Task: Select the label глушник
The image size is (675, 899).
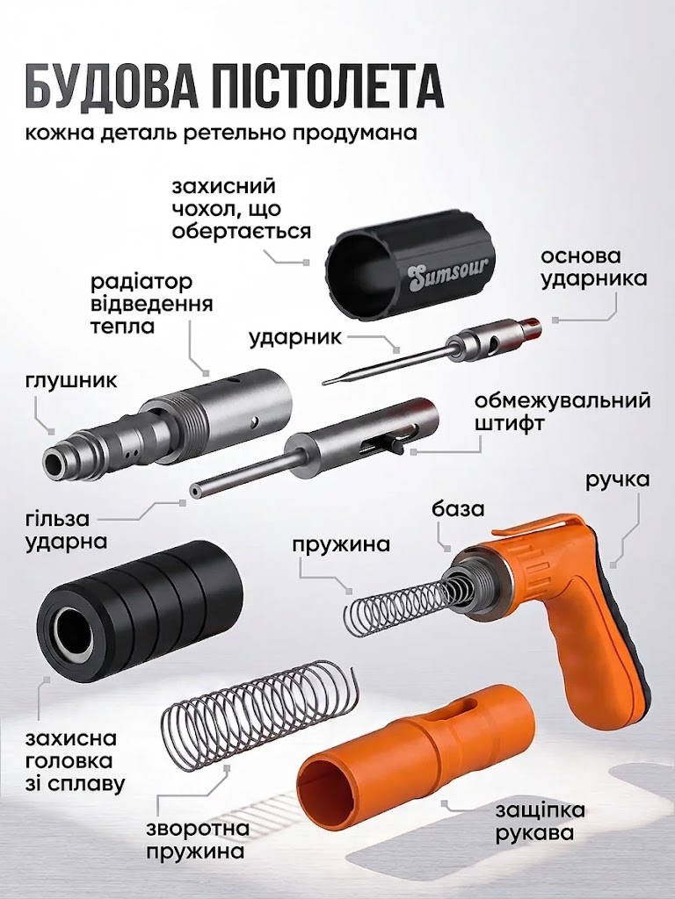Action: [x=71, y=380]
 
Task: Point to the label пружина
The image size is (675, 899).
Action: [x=341, y=543]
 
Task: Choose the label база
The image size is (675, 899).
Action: [x=459, y=508]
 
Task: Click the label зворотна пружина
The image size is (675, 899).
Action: [x=198, y=839]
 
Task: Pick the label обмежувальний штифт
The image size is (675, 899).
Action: [x=562, y=411]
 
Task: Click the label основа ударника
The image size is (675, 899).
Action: [x=593, y=267]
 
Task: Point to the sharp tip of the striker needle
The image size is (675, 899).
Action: [x=324, y=383]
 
